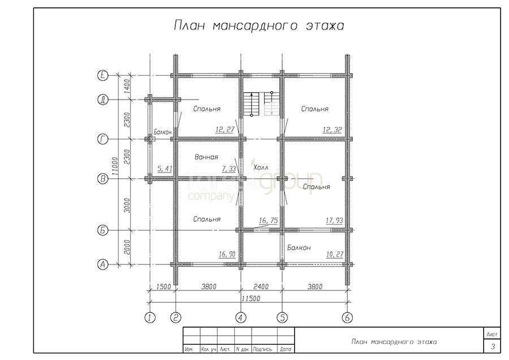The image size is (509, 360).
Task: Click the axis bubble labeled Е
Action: click(x=102, y=75)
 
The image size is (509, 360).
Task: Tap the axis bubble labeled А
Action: click(x=102, y=264)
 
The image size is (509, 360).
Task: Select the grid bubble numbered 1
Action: click(x=150, y=318)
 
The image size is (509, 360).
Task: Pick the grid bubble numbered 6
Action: click(x=347, y=318)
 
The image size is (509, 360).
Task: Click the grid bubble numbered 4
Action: click(x=240, y=318)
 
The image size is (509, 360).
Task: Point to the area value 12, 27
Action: click(x=225, y=129)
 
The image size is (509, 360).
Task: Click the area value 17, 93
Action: click(x=334, y=220)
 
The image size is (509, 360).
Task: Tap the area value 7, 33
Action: click(x=229, y=169)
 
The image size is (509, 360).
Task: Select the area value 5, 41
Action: click(x=165, y=169)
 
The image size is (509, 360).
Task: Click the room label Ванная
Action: click(x=206, y=157)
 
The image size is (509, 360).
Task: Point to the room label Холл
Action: click(x=261, y=168)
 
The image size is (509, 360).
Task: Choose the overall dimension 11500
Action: click(x=251, y=298)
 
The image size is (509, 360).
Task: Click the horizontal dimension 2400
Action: click(x=261, y=286)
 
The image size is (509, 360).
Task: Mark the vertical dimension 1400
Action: click(x=127, y=87)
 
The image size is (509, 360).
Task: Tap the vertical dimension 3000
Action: click(x=127, y=205)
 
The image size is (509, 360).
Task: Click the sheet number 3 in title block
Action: click(x=493, y=346)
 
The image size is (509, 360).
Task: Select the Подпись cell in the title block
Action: click(x=262, y=349)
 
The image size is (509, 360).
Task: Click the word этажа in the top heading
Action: click(x=325, y=25)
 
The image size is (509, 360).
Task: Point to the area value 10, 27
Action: click(x=334, y=254)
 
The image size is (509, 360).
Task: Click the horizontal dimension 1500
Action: click(x=163, y=286)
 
